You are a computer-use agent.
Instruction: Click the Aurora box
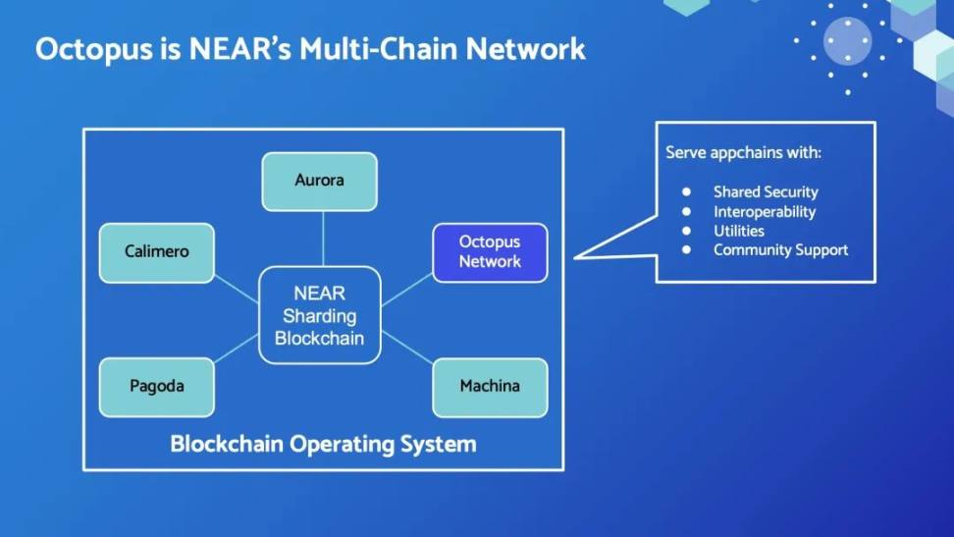click(319, 182)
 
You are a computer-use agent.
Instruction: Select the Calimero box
click(156, 252)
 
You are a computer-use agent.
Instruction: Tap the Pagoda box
click(156, 387)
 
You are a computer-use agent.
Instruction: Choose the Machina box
click(490, 387)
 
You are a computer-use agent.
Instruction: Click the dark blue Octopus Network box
click(490, 252)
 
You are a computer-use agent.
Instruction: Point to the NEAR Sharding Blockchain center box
click(319, 315)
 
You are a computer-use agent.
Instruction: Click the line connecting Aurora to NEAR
click(323, 239)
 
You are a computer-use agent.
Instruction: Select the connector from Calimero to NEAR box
click(236, 289)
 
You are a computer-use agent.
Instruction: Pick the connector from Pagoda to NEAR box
click(236, 347)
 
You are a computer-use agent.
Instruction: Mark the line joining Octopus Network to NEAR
click(406, 289)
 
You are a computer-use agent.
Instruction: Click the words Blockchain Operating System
click(323, 444)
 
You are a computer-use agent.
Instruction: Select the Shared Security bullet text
click(765, 192)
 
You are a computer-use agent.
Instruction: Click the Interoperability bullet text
click(764, 212)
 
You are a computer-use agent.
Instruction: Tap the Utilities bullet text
click(738, 231)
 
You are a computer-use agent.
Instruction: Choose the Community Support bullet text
click(780, 250)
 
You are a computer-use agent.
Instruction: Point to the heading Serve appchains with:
click(743, 153)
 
